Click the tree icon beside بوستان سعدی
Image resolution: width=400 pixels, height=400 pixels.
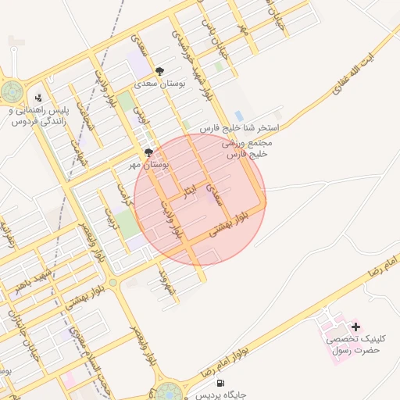click(160, 71)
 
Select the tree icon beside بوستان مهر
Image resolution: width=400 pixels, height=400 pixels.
click(148, 152)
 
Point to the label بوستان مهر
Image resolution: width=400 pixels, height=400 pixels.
click(146, 165)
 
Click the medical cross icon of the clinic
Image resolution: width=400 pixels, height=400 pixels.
click(356, 327)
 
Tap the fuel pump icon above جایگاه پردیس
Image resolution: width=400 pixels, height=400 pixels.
click(221, 384)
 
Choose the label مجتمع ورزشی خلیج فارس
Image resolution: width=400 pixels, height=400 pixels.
click(246, 149)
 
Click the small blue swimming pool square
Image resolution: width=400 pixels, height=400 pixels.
click(238, 116)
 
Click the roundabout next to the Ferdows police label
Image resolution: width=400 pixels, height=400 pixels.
click(12, 92)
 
